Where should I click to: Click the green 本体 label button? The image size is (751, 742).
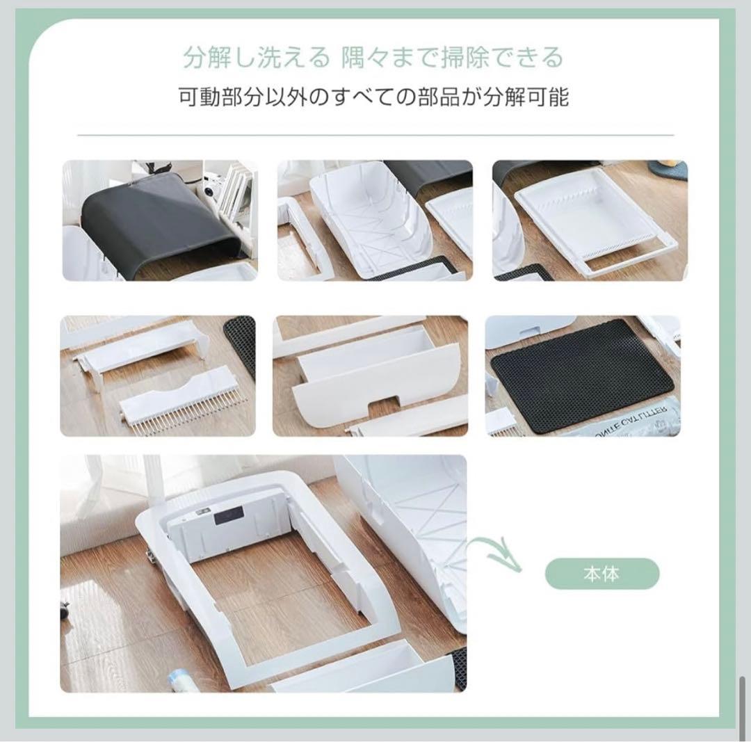coord(601,574)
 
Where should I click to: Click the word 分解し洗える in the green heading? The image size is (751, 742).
coord(256,58)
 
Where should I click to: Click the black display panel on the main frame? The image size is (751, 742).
coord(228,515)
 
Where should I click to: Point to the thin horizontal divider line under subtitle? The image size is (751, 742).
coord(375,135)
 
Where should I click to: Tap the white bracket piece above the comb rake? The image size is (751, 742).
coord(139,351)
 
